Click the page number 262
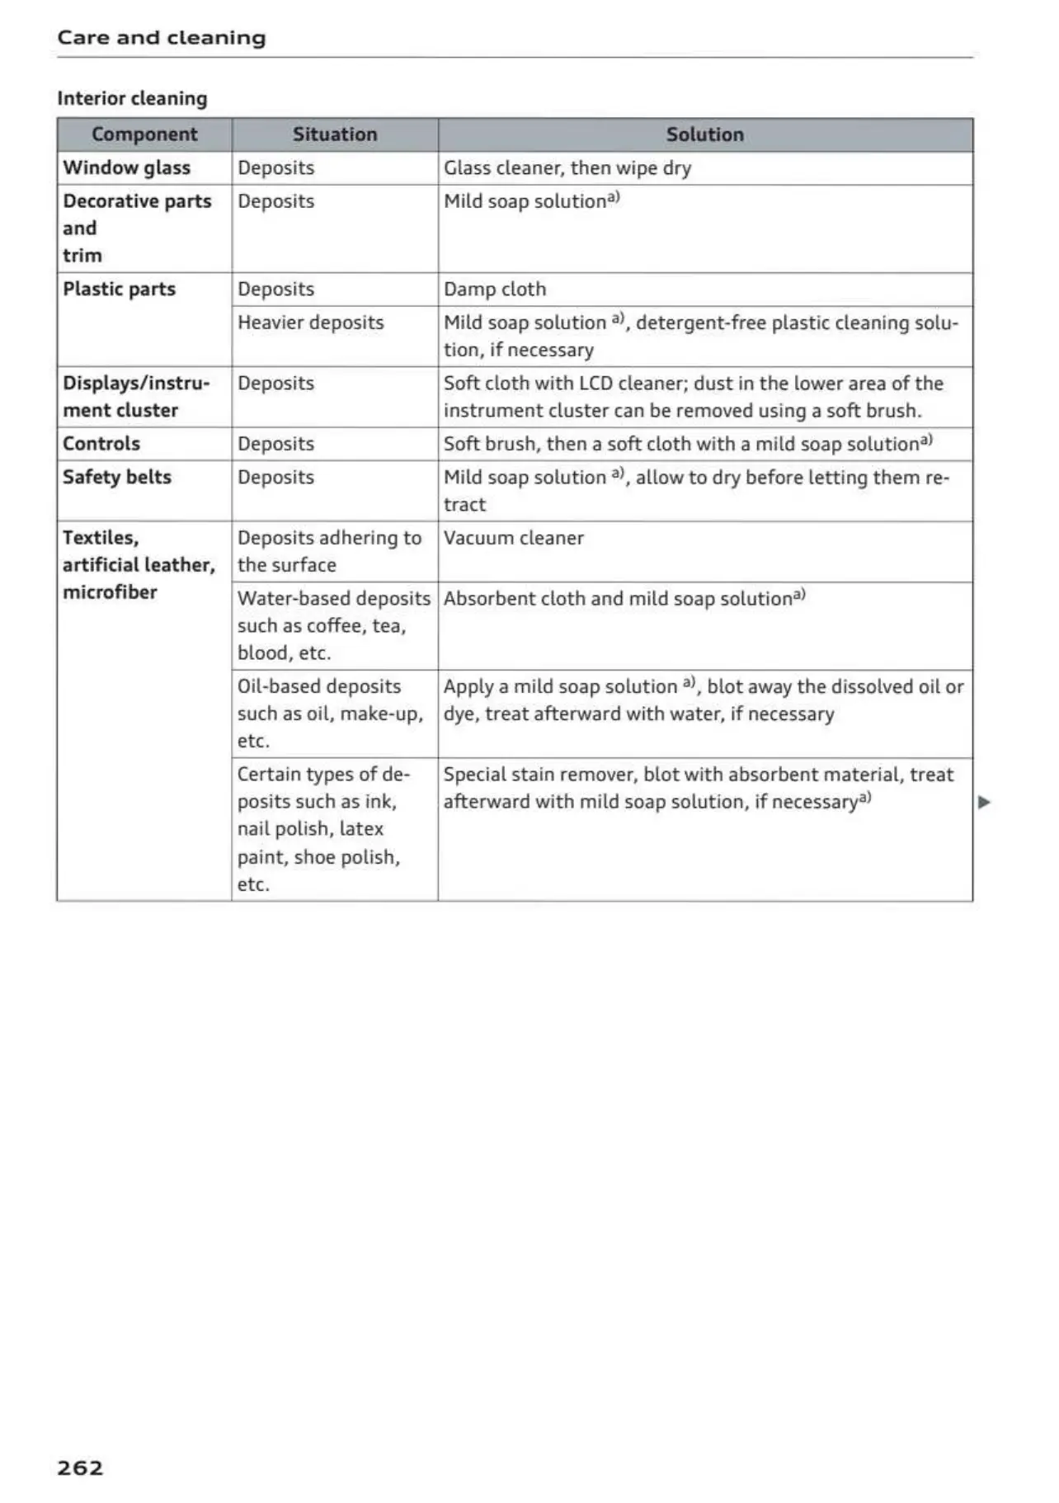[x=80, y=1467]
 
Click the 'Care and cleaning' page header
[x=162, y=38]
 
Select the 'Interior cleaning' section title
[x=132, y=99]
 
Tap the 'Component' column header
[x=144, y=134]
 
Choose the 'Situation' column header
[x=335, y=134]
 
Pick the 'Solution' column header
[x=704, y=134]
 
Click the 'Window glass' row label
[x=127, y=168]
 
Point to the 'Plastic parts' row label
[x=120, y=290]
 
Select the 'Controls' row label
[x=101, y=444]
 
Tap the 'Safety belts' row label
[x=117, y=478]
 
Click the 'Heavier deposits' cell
[x=310, y=323]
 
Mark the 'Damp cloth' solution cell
[x=495, y=290]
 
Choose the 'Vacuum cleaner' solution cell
[x=513, y=539]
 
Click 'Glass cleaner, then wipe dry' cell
[x=567, y=168]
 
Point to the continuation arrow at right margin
[x=983, y=802]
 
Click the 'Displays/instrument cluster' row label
[x=136, y=397]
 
